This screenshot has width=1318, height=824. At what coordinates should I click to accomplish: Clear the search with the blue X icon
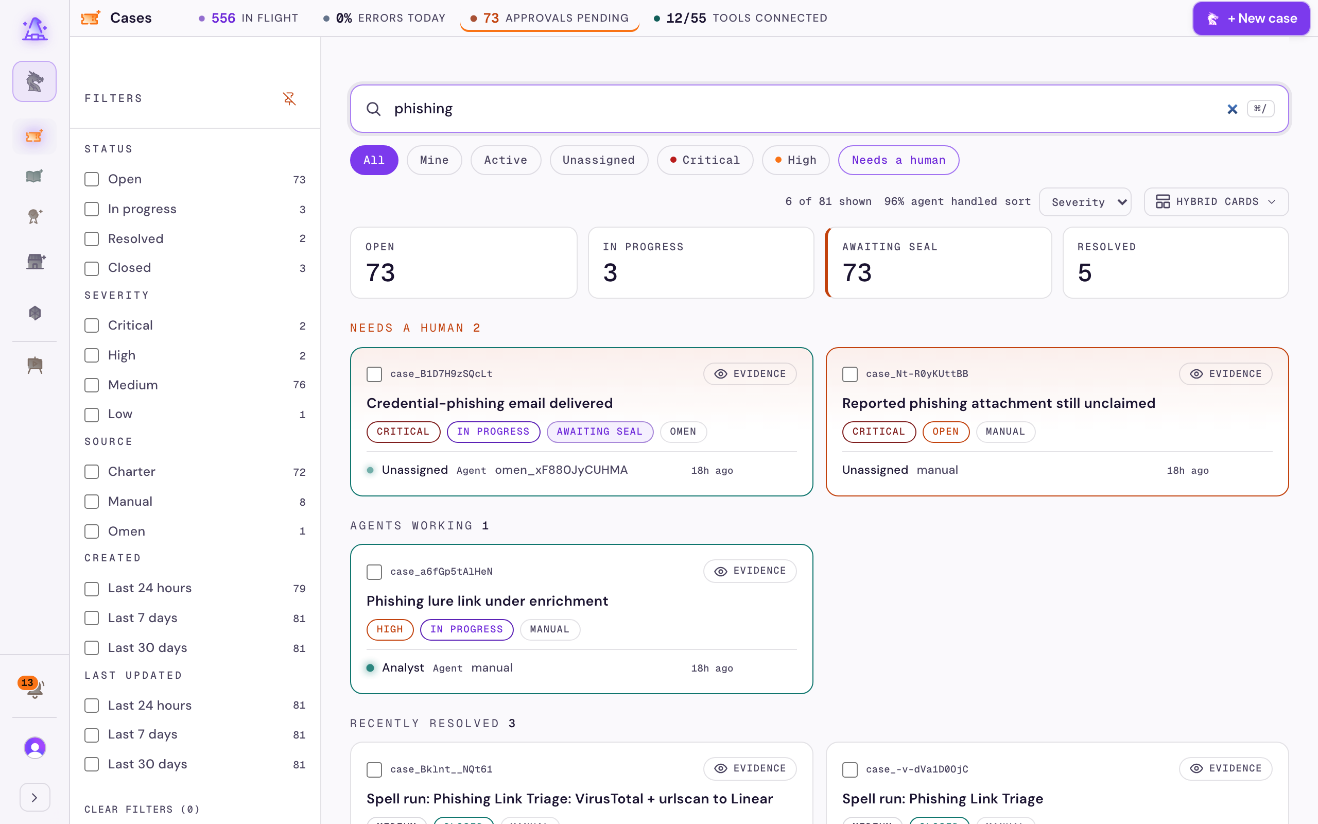click(x=1233, y=109)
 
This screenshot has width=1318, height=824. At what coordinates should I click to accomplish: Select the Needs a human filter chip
click(x=898, y=160)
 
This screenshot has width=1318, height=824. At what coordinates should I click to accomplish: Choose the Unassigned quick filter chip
click(x=599, y=160)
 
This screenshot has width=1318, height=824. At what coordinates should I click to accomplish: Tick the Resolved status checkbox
click(x=92, y=238)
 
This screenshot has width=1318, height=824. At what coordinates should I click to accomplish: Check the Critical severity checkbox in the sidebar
click(x=92, y=325)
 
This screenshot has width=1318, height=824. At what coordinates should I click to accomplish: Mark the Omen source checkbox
click(x=92, y=531)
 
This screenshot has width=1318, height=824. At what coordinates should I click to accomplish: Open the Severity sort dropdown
click(x=1085, y=202)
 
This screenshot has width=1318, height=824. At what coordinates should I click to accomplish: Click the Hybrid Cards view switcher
click(x=1216, y=202)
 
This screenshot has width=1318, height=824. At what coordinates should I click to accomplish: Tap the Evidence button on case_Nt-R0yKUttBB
click(x=1225, y=374)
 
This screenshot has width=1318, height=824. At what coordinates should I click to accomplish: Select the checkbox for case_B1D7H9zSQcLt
click(x=374, y=374)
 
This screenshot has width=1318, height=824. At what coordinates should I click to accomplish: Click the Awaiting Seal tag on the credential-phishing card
click(x=600, y=432)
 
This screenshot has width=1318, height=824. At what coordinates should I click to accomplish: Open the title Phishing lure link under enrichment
click(x=487, y=600)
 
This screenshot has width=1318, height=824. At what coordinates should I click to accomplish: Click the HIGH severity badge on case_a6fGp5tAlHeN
click(x=390, y=629)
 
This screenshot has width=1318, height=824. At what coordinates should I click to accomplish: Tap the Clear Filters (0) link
click(x=142, y=809)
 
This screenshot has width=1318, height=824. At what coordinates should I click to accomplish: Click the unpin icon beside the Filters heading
click(x=289, y=99)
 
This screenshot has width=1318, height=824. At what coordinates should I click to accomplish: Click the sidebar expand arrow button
click(x=35, y=797)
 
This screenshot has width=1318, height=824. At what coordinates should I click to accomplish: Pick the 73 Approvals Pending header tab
click(x=549, y=19)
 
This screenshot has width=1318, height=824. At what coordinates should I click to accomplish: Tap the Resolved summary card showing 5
click(x=1175, y=263)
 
